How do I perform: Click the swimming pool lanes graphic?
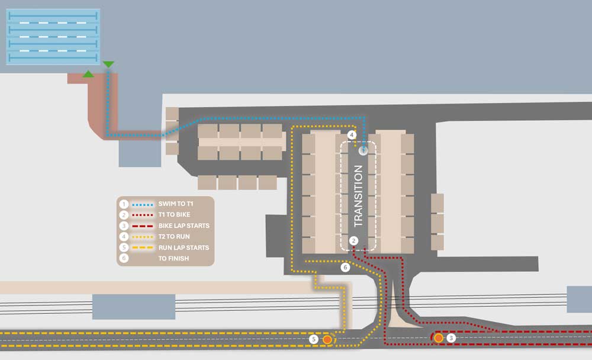point(53,37)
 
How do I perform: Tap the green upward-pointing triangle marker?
point(88,74)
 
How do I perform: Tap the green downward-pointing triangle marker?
point(108,64)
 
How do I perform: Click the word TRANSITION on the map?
point(358,195)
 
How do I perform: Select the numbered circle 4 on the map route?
point(352,134)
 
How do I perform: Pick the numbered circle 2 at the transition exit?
point(353,240)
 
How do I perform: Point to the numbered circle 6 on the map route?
point(345,268)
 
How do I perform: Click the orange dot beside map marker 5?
point(327,340)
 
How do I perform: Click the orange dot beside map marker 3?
point(438,337)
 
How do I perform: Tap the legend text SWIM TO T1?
point(176,204)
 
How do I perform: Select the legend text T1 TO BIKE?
point(174,214)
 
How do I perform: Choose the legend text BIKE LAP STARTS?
point(184,226)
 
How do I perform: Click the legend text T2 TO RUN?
point(174,236)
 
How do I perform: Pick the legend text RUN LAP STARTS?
point(184,247)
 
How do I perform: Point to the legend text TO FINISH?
point(173,258)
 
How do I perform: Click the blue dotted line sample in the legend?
point(143,204)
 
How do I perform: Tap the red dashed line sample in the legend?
point(143,226)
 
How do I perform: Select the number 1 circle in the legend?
point(124,204)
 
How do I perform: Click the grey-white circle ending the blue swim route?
point(363,150)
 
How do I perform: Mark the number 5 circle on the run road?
point(313,339)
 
